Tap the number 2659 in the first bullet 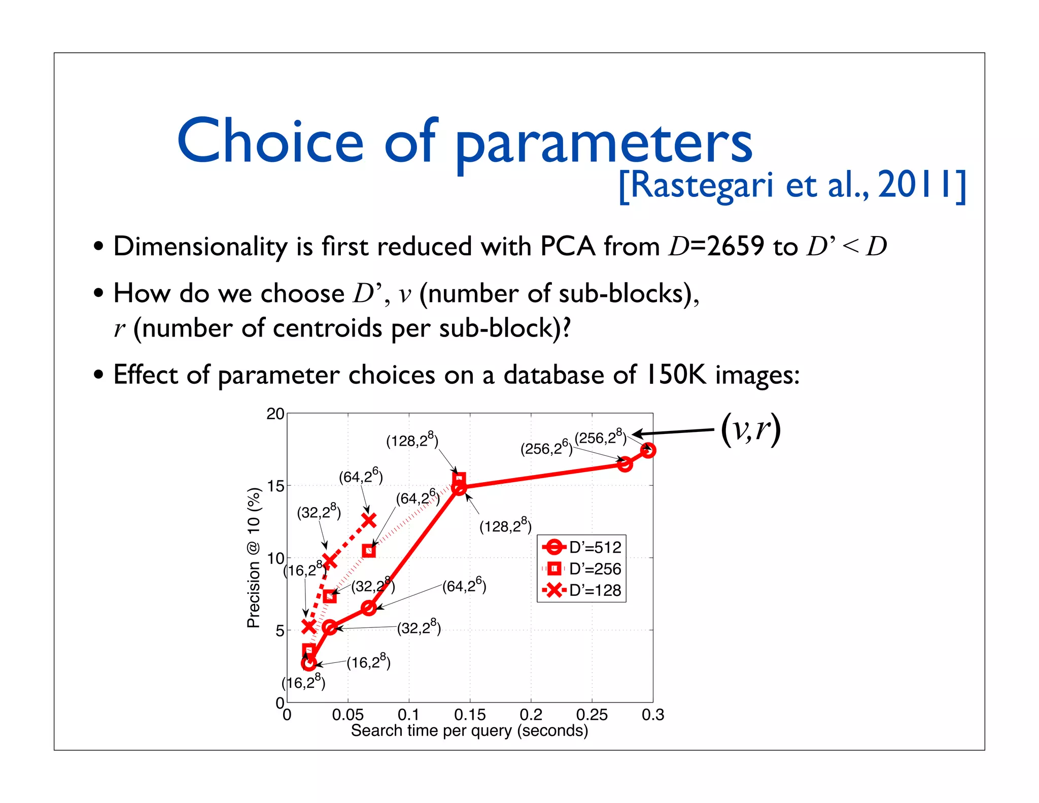click(x=735, y=246)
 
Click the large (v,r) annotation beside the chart click(x=751, y=429)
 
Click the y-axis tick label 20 click(x=275, y=414)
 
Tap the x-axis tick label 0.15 click(x=470, y=715)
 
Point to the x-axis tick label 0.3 click(x=653, y=715)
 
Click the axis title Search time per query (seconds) click(x=469, y=730)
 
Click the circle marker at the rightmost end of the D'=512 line click(x=648, y=450)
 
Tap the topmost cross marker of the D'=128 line click(x=369, y=520)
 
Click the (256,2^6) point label click(x=546, y=448)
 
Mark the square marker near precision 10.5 click(x=369, y=551)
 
